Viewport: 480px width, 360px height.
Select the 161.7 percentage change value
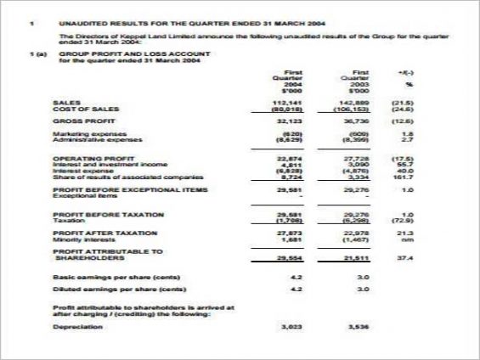tap(407, 177)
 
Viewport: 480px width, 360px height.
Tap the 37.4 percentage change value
tap(408, 257)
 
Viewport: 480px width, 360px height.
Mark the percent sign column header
tap(409, 84)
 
